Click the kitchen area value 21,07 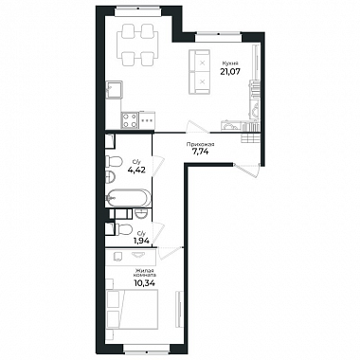coord(230,71)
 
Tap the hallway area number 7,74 coord(201,151)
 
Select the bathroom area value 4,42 coord(136,170)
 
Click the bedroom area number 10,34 coord(145,282)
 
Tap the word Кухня coord(228,63)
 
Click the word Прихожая coord(201,145)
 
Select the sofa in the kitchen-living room coord(200,72)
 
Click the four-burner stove coord(130,120)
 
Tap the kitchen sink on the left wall coord(115,90)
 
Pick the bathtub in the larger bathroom coord(128,198)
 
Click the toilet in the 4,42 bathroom coord(114,162)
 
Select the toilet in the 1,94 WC coord(124,229)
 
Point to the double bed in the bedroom coord(133,310)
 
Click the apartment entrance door coord(247,171)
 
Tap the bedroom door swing coord(171,253)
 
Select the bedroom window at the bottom coord(146,349)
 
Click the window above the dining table coord(138,11)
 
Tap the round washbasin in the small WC coord(141,213)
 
